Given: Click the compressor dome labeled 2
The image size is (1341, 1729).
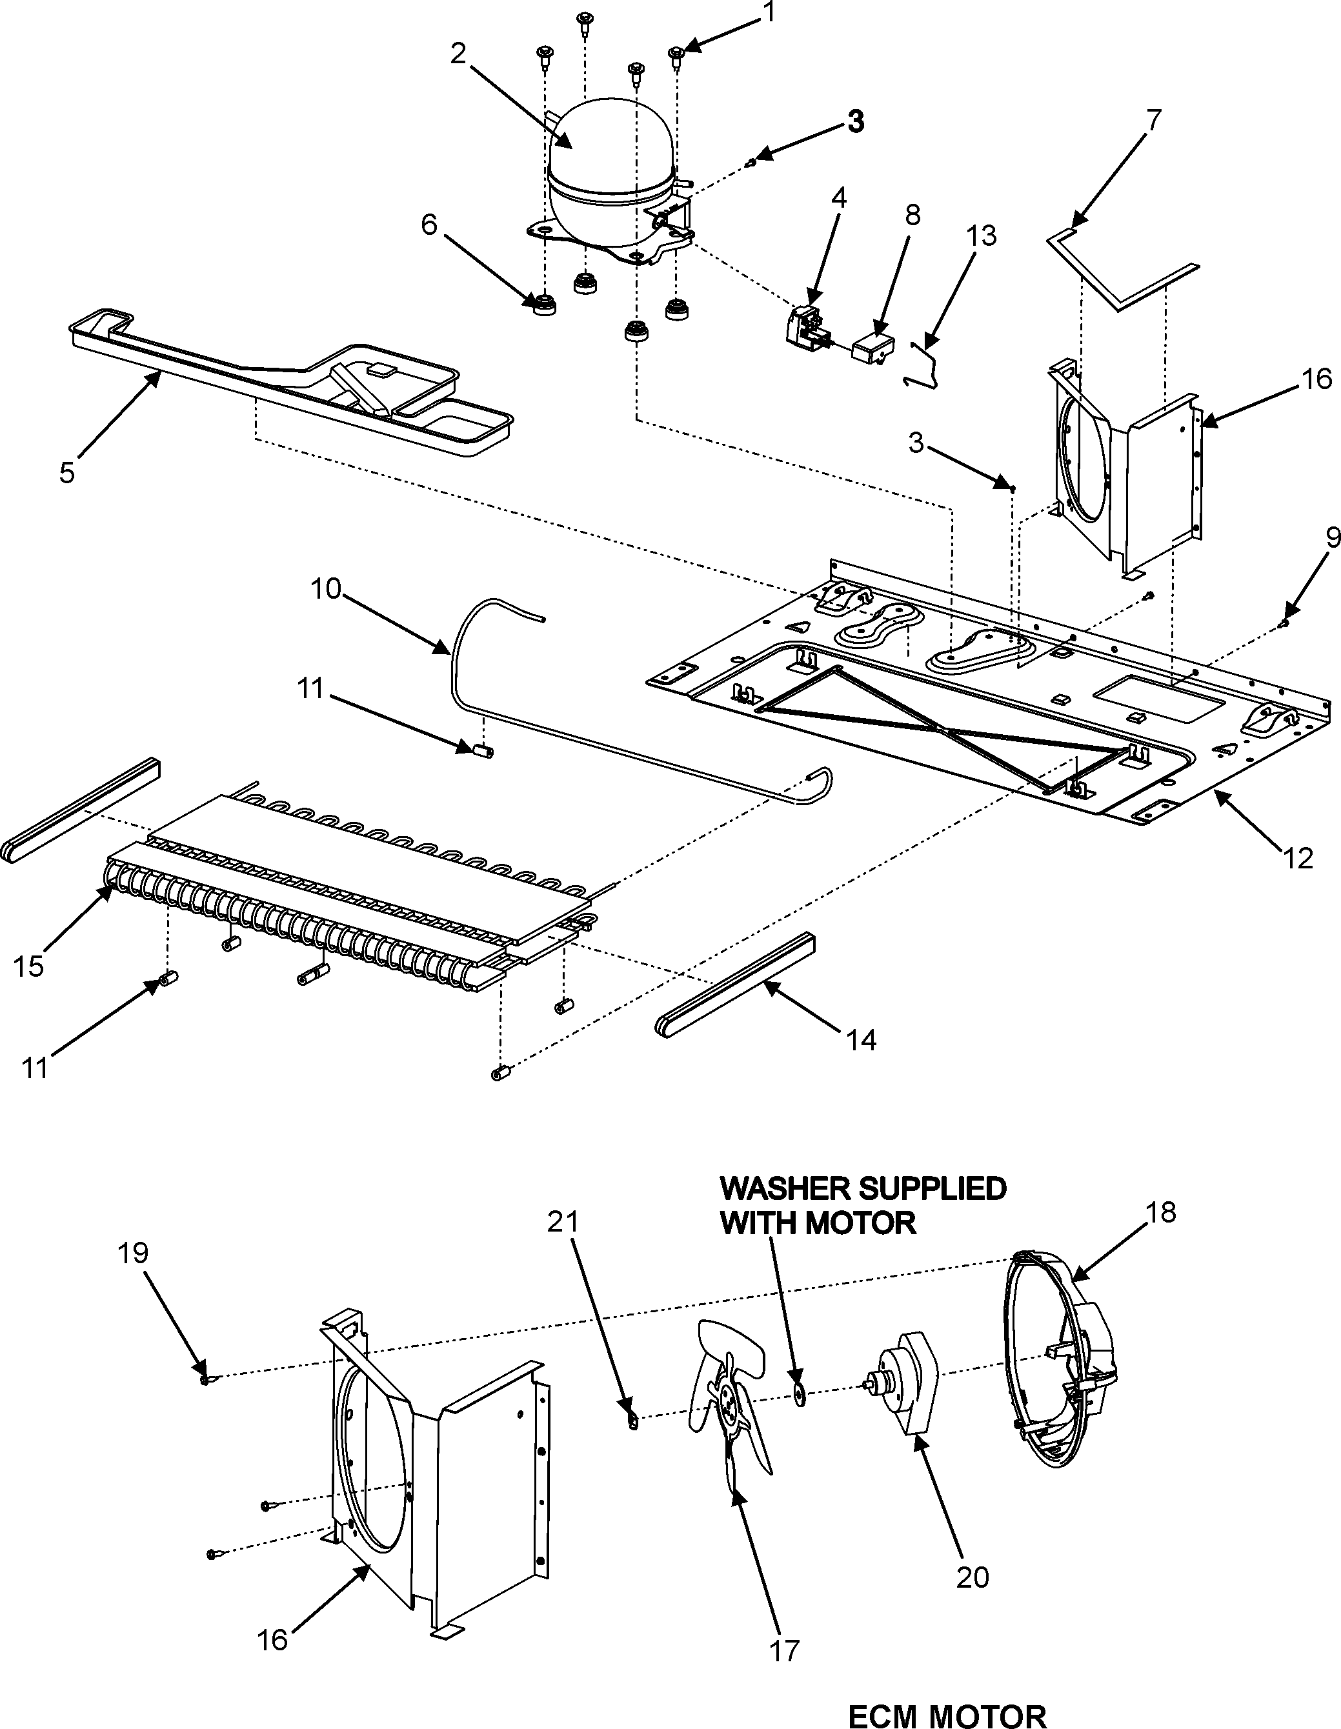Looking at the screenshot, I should [610, 158].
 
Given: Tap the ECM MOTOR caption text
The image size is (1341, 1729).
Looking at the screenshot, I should [947, 1711].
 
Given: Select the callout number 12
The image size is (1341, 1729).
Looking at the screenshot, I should [1297, 857].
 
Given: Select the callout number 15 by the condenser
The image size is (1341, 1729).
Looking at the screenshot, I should [28, 966].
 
